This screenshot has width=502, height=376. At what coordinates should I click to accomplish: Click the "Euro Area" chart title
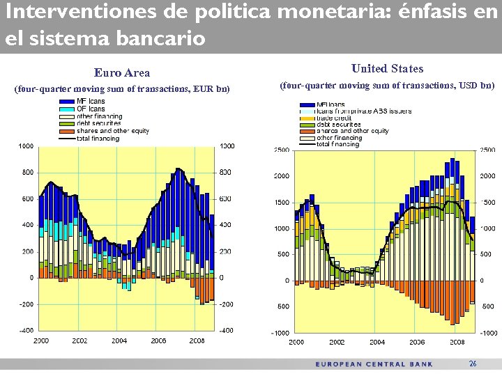click(x=122, y=72)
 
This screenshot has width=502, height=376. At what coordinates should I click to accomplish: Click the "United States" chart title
click(x=387, y=68)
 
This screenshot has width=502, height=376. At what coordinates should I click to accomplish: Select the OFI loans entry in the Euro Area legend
click(x=91, y=109)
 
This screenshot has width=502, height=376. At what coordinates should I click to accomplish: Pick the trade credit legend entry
click(x=333, y=118)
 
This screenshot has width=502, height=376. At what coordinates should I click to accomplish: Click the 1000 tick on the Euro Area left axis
click(x=26, y=146)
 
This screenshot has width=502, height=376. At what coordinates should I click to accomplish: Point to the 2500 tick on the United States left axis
click(x=282, y=150)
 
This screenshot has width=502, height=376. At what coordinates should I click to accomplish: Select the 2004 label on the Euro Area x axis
click(x=119, y=340)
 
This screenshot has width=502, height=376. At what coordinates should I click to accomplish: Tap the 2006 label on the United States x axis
click(x=417, y=342)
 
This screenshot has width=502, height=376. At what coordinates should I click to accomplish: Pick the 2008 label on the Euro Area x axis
click(x=197, y=340)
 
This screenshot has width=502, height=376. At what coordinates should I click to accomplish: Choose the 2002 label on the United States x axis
click(x=337, y=342)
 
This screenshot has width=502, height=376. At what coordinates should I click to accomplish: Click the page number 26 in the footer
click(x=473, y=363)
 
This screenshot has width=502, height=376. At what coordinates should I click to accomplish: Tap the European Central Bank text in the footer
click(x=374, y=364)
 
